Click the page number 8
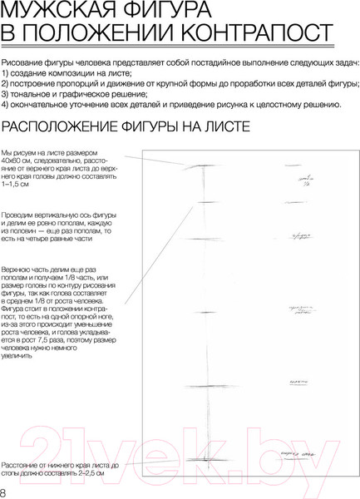4,492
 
